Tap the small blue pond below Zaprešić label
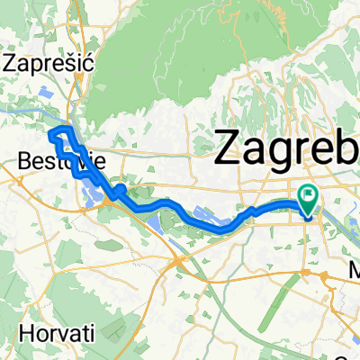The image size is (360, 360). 48,91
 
